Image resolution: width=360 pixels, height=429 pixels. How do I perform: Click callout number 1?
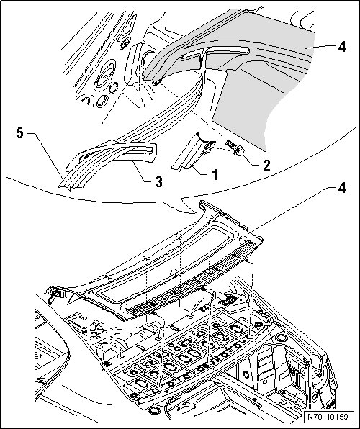(x=215, y=175)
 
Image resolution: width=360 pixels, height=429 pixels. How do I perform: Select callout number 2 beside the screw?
(x=266, y=166)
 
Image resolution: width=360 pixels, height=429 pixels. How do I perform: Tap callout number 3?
(x=158, y=181)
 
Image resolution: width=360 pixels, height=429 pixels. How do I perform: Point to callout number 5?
(x=19, y=133)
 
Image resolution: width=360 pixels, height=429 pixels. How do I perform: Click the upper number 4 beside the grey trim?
(x=342, y=47)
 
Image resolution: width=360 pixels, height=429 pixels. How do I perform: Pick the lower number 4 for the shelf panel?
(x=342, y=188)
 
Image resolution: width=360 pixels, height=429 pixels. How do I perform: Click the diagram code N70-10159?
(x=328, y=417)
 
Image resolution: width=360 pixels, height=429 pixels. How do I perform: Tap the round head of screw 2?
(x=239, y=150)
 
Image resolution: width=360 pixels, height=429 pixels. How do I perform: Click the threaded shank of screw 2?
(x=229, y=144)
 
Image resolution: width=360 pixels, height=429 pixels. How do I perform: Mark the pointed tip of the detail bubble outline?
(x=196, y=213)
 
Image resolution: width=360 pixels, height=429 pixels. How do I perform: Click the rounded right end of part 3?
(x=154, y=152)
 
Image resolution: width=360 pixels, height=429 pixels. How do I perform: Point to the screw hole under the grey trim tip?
(x=156, y=82)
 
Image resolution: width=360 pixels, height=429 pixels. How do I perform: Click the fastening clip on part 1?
(x=208, y=147)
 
